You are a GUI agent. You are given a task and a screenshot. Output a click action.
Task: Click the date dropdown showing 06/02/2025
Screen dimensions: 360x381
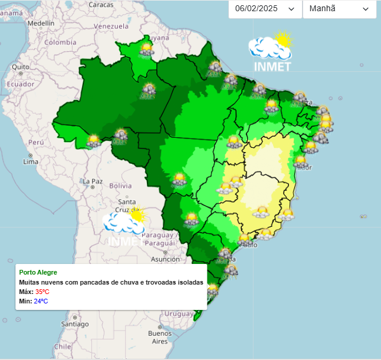pyautogui.click(x=264, y=9)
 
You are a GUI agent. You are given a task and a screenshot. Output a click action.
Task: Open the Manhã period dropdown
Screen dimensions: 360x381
pyautogui.click(x=339, y=9)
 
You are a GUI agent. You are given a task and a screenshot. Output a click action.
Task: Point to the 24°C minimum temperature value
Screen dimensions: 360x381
pyautogui.click(x=41, y=301)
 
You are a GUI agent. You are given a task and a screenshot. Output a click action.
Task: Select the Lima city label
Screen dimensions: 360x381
pyautogui.click(x=31, y=161)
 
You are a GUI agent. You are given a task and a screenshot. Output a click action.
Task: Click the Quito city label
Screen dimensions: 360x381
pyautogui.click(x=20, y=67)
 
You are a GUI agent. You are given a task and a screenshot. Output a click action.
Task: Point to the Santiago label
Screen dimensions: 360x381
pyautogui.click(x=74, y=323)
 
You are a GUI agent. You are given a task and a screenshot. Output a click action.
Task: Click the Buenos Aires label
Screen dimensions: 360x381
pyautogui.click(x=160, y=337)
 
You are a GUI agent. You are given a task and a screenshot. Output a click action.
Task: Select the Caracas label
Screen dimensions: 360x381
pyautogui.click(x=101, y=5)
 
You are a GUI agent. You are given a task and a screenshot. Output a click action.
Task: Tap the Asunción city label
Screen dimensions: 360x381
pyautogui.click(x=165, y=259)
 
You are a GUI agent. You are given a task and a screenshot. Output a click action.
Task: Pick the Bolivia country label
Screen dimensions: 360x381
pyautogui.click(x=120, y=186)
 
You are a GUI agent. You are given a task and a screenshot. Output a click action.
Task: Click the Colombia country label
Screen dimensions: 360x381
pyautogui.click(x=61, y=42)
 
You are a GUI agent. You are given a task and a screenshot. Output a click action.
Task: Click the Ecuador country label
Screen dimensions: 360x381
pyautogui.click(x=20, y=84)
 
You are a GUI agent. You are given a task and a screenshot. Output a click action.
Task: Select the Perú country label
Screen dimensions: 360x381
pyautogui.click(x=37, y=143)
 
